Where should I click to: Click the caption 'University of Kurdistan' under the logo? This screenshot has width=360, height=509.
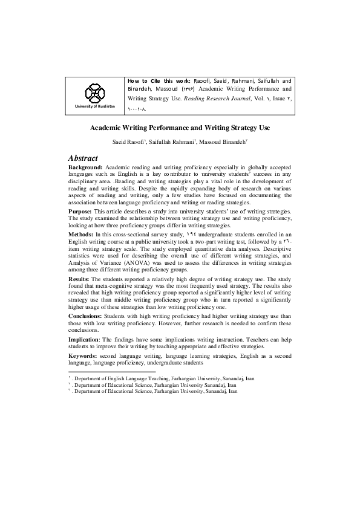pos(96,106)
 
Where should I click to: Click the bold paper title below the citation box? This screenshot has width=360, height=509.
pos(180,128)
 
